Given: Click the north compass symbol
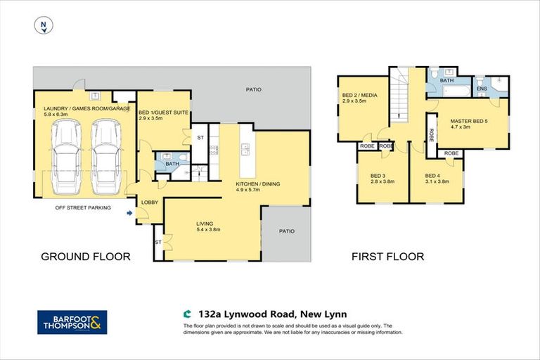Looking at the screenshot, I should [44, 26].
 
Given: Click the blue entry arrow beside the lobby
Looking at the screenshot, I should [130, 213].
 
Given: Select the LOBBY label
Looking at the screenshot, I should [150, 202].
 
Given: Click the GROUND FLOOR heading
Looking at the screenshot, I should [85, 257].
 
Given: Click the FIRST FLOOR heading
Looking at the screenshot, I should [387, 257].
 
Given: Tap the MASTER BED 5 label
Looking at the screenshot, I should [464, 122].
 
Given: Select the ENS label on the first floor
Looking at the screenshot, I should [482, 89].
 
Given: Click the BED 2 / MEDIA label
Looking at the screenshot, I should [359, 96].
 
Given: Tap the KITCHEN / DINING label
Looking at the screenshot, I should [257, 184].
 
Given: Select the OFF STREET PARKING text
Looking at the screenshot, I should [84, 207].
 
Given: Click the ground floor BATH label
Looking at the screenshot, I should [172, 165].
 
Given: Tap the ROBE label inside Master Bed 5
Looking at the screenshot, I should [451, 153].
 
